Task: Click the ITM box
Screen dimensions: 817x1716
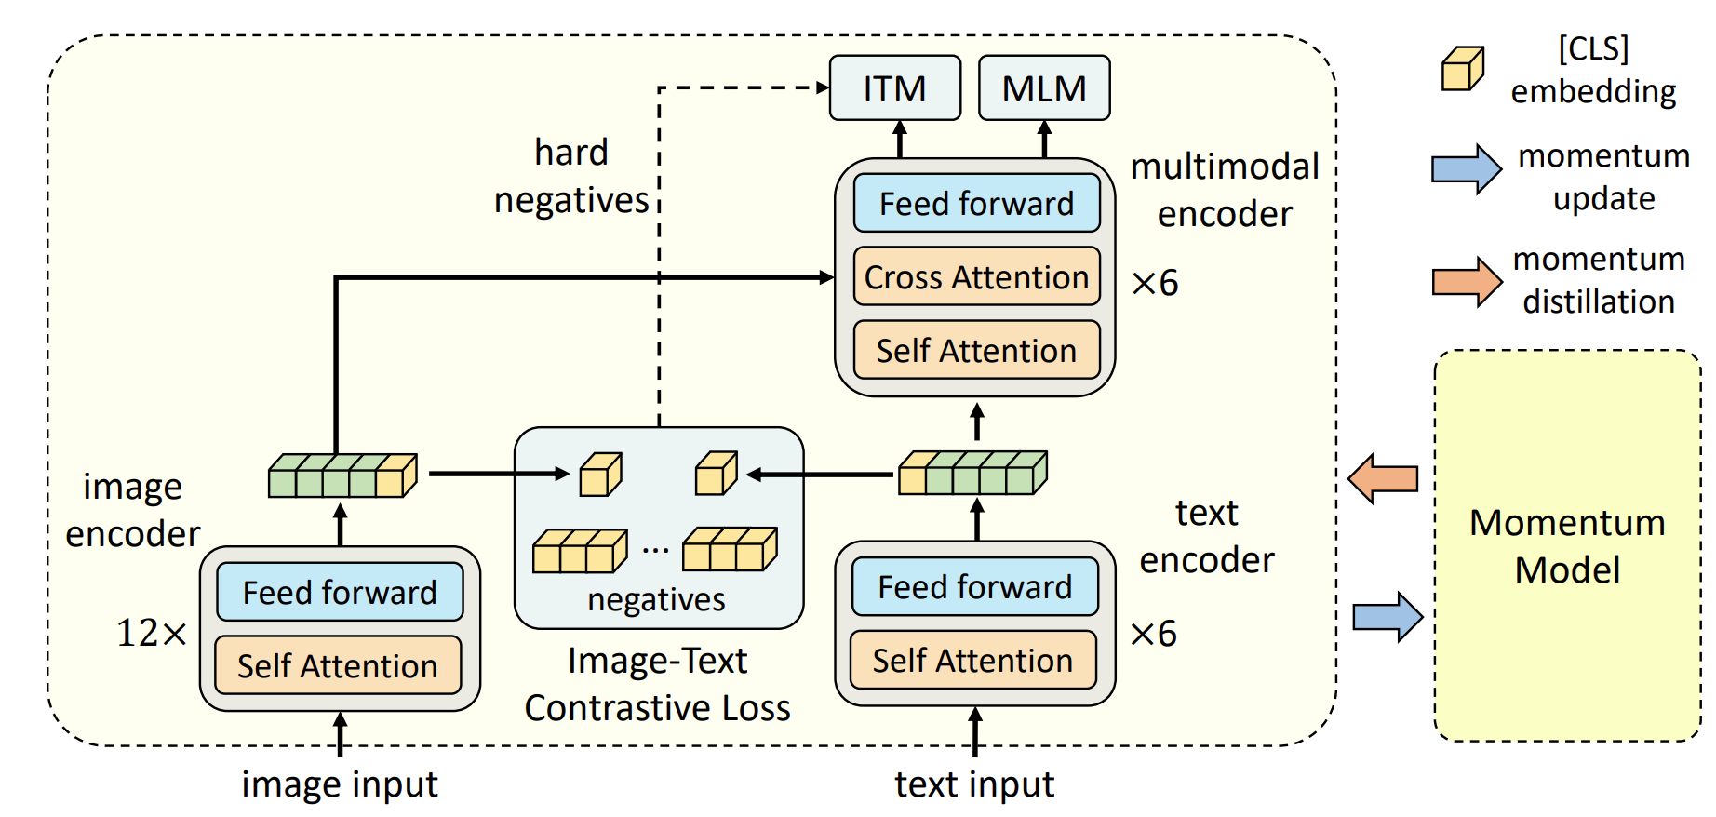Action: (894, 88)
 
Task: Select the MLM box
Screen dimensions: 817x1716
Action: (1044, 88)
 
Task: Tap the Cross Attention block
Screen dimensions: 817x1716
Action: (976, 276)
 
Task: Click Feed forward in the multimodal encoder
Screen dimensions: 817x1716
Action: (976, 203)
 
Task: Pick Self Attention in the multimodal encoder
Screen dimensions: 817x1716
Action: (976, 350)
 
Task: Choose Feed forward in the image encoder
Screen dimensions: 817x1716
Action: (340, 592)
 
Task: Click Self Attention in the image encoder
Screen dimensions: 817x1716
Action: (338, 665)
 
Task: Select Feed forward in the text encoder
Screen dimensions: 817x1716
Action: (974, 586)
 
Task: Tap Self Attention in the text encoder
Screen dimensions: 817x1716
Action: (972, 660)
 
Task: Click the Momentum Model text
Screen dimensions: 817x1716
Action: (1567, 546)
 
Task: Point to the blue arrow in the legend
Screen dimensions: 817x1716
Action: (1466, 168)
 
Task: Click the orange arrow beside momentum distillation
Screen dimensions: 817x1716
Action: (1466, 281)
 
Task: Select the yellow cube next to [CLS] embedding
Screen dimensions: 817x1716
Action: (1462, 69)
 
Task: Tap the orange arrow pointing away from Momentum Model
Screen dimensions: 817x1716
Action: (1384, 479)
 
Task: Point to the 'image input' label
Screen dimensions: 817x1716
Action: (340, 784)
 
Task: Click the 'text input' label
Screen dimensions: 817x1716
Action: (974, 784)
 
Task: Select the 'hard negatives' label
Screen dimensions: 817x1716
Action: (571, 177)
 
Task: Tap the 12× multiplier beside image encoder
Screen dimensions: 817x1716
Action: (151, 633)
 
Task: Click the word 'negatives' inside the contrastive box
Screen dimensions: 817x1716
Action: (656, 600)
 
